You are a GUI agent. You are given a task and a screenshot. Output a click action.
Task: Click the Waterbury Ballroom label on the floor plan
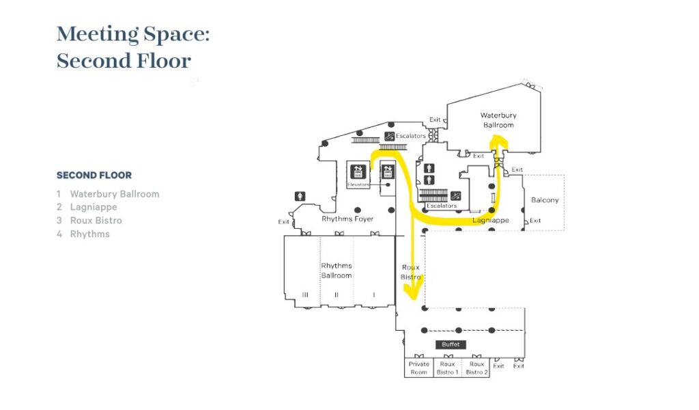click(498, 120)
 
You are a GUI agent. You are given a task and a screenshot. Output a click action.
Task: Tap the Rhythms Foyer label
click(347, 219)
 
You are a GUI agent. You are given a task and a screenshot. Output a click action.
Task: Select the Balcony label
click(545, 200)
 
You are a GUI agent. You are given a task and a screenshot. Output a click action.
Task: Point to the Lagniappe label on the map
click(491, 221)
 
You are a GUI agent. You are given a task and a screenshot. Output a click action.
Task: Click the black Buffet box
click(451, 344)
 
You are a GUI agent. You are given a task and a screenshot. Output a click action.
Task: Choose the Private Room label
click(418, 368)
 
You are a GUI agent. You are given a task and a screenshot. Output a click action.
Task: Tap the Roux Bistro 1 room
click(447, 368)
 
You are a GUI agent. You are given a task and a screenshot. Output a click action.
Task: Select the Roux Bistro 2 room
click(476, 368)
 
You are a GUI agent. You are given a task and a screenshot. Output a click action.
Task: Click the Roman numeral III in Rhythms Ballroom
click(304, 295)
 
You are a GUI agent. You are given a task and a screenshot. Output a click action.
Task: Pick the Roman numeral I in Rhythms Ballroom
click(373, 295)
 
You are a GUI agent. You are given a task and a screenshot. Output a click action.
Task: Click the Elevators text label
click(358, 184)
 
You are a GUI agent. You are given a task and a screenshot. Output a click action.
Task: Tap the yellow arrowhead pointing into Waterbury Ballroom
click(498, 141)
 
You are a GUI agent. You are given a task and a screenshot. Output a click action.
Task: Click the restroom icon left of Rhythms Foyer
click(300, 196)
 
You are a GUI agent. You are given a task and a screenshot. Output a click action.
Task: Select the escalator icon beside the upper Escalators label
click(388, 136)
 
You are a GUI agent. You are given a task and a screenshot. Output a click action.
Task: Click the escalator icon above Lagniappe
click(456, 196)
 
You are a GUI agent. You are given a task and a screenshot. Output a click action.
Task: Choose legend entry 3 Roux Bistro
click(90, 221)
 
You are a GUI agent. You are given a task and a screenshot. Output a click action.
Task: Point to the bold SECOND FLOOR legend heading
click(94, 176)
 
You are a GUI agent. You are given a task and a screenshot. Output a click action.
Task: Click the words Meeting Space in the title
click(133, 33)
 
